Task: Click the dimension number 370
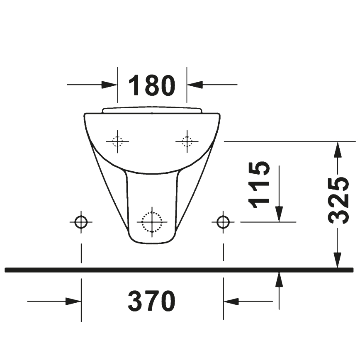tap(152, 301)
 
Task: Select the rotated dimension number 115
tap(259, 184)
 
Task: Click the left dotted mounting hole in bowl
tap(117, 141)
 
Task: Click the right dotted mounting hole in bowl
tap(187, 141)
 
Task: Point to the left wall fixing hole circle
tap(81, 222)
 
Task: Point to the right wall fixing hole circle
tap(223, 222)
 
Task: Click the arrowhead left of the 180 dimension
tap(110, 85)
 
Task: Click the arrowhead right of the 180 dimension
tap(194, 85)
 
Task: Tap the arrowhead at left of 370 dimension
tap(73, 302)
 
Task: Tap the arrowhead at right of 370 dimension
tap(231, 302)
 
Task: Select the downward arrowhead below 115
tap(279, 214)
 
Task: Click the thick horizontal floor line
tap(178, 270)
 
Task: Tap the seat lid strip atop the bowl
tap(152, 110)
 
